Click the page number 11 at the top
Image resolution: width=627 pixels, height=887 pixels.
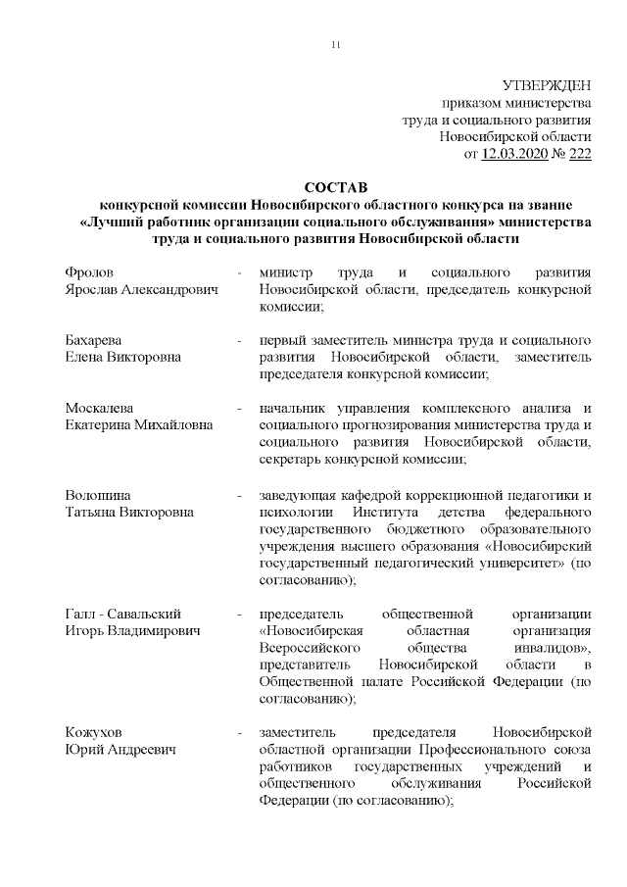coord(337,46)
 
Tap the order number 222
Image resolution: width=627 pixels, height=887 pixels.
coord(579,153)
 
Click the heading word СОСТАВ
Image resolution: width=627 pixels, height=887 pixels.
coord(333,187)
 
